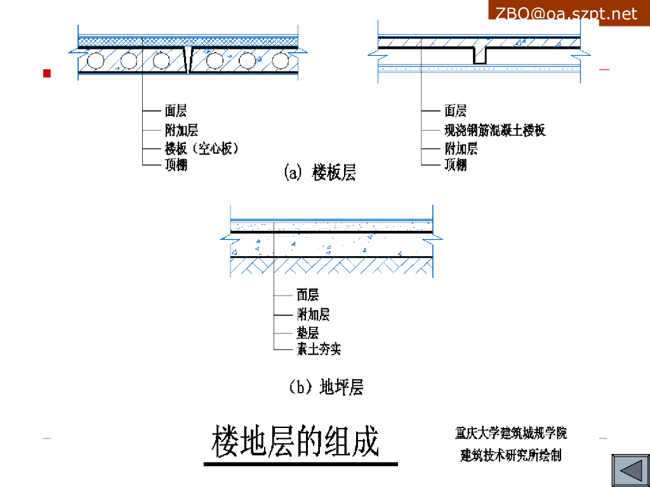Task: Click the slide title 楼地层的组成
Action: point(296,441)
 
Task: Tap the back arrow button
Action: point(630,471)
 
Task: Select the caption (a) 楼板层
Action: point(319,172)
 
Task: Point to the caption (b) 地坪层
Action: point(326,386)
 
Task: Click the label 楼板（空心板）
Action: point(201,149)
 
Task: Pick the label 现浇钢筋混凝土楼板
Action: point(494,131)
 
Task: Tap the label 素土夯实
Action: point(319,349)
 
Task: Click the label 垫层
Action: point(308,333)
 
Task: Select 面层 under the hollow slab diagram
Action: point(176,112)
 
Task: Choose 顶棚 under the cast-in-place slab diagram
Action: point(455,165)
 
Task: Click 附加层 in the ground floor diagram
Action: point(313,315)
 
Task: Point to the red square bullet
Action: point(46,74)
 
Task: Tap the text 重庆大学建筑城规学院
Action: point(511,434)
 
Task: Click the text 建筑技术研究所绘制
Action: point(511,455)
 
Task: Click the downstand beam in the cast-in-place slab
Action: point(480,55)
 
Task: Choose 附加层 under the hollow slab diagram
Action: point(181,131)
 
